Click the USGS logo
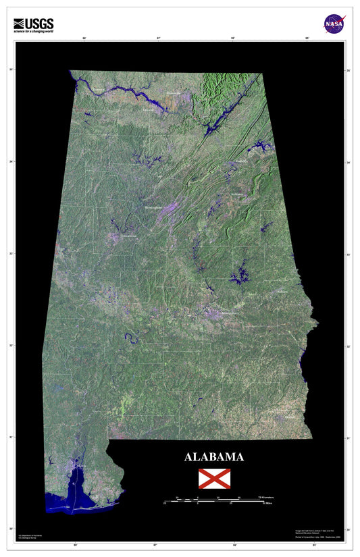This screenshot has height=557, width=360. tap(33, 23)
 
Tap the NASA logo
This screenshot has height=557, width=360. tap(333, 24)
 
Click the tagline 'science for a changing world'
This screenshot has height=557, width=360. tap(33, 30)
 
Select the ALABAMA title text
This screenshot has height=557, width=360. tap(214, 457)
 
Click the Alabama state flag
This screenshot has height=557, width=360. tap(214, 479)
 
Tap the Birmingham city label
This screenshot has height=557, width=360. tap(155, 209)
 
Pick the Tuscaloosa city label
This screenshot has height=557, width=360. tap(128, 237)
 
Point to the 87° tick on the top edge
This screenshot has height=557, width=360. tap(158, 38)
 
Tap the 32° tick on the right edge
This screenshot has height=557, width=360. tap(348, 346)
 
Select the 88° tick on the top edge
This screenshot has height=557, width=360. tap(84, 38)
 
